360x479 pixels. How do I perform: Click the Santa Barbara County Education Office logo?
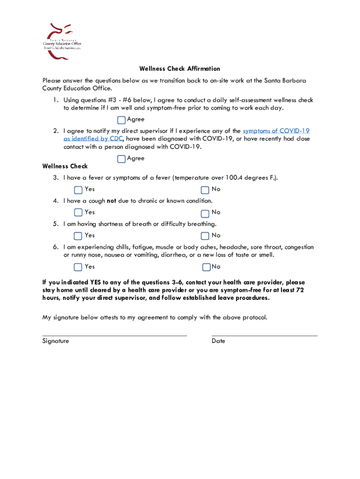click(x=62, y=41)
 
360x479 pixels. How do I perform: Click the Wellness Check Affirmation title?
click(x=180, y=69)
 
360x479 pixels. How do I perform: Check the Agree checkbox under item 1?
click(x=122, y=120)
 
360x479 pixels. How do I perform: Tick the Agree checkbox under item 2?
click(x=122, y=159)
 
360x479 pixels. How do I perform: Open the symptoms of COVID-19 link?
click(x=276, y=131)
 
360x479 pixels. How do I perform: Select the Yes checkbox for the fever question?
click(x=78, y=190)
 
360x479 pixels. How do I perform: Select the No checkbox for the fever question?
click(x=205, y=190)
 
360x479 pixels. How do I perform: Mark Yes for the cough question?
click(x=78, y=213)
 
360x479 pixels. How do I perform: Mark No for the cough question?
click(x=205, y=213)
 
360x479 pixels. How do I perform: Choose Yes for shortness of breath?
click(x=78, y=236)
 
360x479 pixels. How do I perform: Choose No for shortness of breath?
click(x=205, y=236)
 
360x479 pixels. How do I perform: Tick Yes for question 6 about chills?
click(x=78, y=267)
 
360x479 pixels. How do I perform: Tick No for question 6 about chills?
click(x=206, y=267)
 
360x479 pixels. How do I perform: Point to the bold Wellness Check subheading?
click(x=65, y=166)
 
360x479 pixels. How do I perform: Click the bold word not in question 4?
click(x=111, y=201)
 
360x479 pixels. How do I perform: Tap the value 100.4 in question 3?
click(x=234, y=178)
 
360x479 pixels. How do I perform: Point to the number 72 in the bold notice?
click(x=300, y=290)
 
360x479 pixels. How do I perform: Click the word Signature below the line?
click(x=56, y=341)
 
